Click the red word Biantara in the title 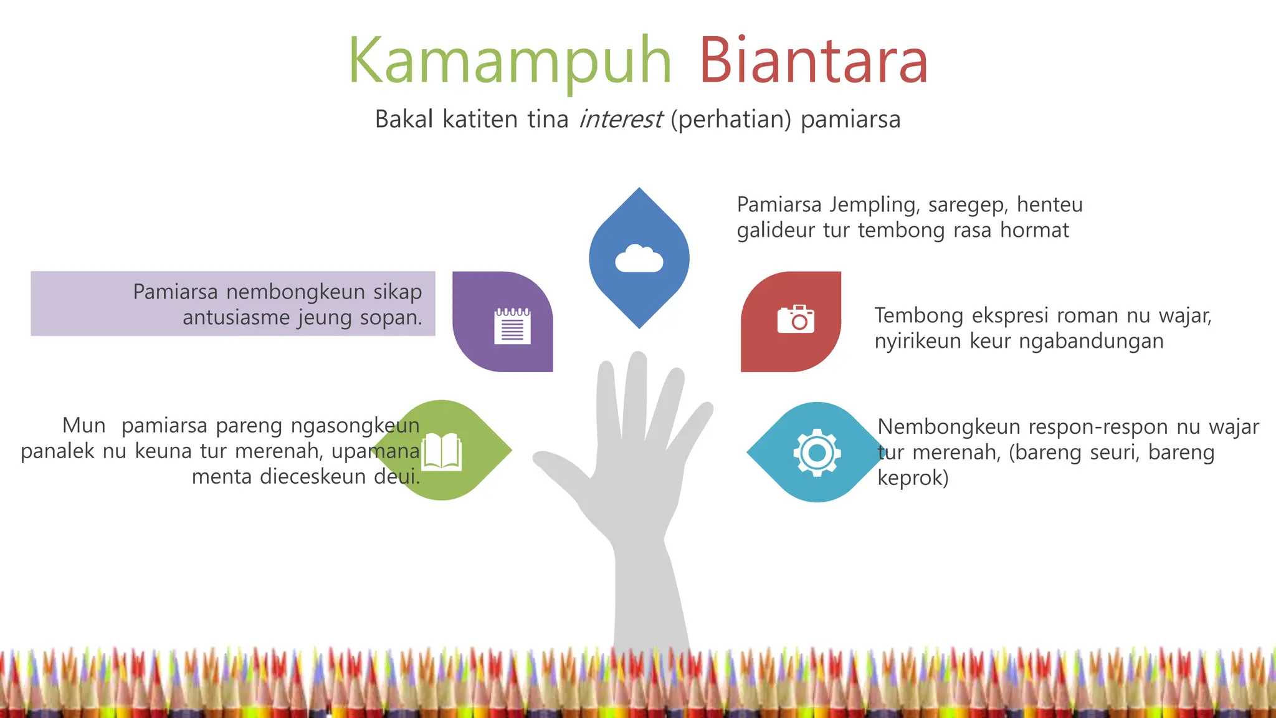click(x=813, y=61)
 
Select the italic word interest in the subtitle click(x=621, y=119)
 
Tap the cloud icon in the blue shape click(x=639, y=259)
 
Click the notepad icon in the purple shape click(x=512, y=325)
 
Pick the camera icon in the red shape click(x=796, y=319)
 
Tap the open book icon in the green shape click(x=442, y=452)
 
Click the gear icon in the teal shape click(x=817, y=452)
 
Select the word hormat click(x=1034, y=230)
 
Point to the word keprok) click(x=913, y=478)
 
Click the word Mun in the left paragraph click(x=84, y=426)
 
